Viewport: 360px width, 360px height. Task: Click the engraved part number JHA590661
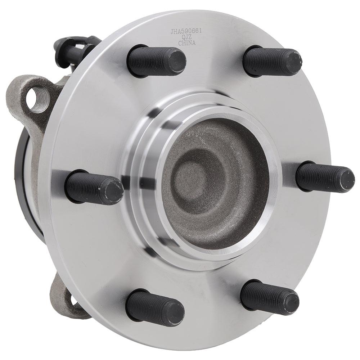click(185, 32)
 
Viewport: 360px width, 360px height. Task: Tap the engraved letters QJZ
click(186, 37)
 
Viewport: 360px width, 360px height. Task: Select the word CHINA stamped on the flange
click(187, 43)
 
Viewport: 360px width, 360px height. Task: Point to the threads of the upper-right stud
click(263, 61)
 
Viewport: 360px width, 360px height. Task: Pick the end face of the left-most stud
click(114, 191)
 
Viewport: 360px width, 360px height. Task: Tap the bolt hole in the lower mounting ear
click(73, 302)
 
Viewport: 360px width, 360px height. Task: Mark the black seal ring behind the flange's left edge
click(22, 180)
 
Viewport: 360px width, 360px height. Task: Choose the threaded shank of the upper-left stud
click(148, 61)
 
